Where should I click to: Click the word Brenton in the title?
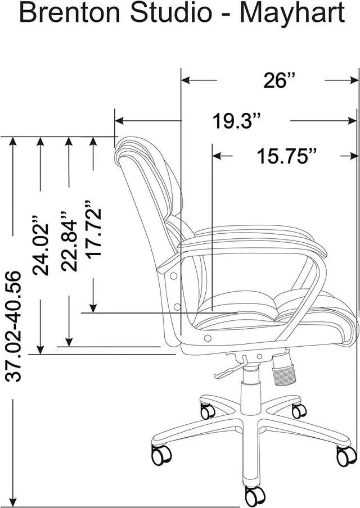[x=70, y=13]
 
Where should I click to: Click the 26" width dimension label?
[x=279, y=80]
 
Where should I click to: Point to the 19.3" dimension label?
[x=237, y=121]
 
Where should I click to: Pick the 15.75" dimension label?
[x=287, y=156]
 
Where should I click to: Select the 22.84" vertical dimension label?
[x=69, y=242]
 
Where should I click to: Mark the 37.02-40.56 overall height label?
[x=13, y=326]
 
